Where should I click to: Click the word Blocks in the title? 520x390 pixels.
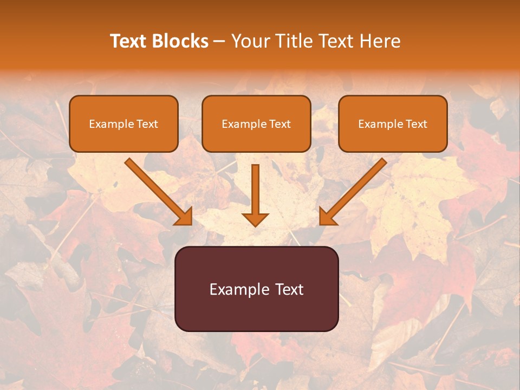click(x=180, y=41)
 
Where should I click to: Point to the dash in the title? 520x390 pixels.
click(x=219, y=42)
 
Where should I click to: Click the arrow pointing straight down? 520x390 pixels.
click(x=255, y=190)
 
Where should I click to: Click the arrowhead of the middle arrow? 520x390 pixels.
click(x=255, y=218)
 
